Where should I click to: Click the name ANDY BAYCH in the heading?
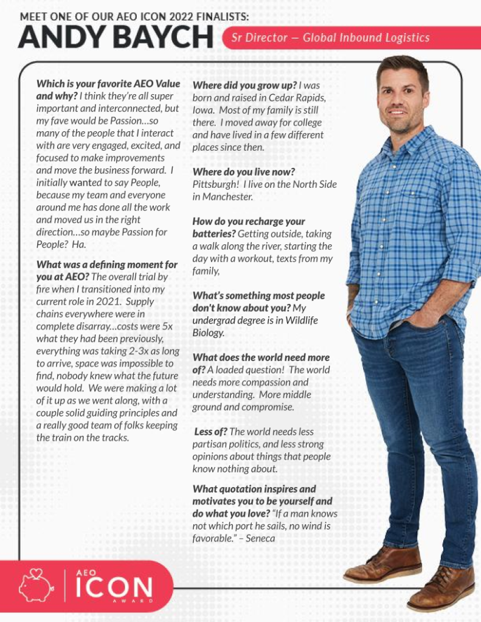pyautogui.click(x=116, y=38)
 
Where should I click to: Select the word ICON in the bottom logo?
pyautogui.click(x=113, y=587)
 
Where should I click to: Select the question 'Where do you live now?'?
pyautogui.click(x=243, y=172)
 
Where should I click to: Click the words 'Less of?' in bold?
pyautogui.click(x=210, y=432)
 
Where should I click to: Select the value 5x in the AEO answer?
pyautogui.click(x=167, y=327)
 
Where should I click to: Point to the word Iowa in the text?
pyautogui.click(x=203, y=110)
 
